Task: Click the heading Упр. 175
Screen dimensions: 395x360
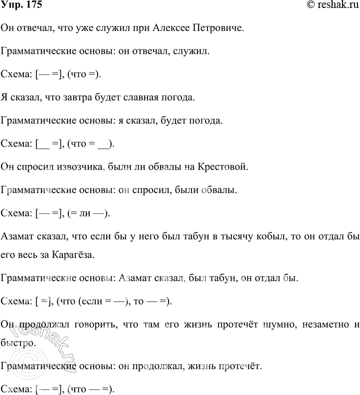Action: coord(21,5)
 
